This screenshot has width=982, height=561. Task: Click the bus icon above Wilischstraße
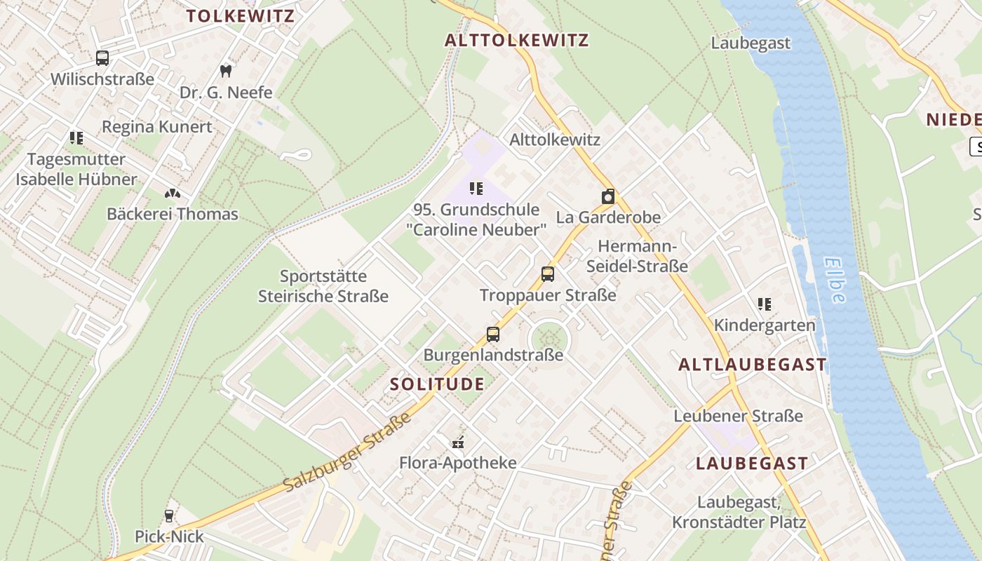(102, 58)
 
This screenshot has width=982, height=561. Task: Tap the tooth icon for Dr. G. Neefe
(225, 70)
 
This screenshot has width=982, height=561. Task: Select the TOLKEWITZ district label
(240, 16)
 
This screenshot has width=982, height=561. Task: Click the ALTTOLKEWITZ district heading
(516, 40)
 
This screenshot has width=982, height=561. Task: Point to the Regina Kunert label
(156, 127)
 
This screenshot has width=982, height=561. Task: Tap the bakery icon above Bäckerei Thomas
(172, 192)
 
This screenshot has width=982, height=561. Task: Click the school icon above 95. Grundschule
(476, 188)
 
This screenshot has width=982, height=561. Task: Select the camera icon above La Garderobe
(608, 196)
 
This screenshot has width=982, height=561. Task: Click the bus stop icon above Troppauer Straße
(548, 274)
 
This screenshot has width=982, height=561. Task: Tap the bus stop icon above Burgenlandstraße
(493, 334)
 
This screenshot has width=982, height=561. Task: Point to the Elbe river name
(835, 280)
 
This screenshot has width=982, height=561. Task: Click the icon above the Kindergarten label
(765, 304)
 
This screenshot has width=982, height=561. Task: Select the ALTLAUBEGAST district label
(753, 365)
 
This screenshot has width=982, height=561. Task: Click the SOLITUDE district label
(437, 384)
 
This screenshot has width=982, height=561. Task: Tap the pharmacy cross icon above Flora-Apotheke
(458, 442)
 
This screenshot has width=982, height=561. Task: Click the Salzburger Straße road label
(347, 453)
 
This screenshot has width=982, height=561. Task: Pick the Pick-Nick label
(169, 536)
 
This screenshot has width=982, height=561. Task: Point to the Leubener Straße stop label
(738, 416)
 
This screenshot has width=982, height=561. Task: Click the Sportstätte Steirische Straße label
(323, 286)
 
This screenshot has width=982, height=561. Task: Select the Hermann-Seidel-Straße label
(637, 256)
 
